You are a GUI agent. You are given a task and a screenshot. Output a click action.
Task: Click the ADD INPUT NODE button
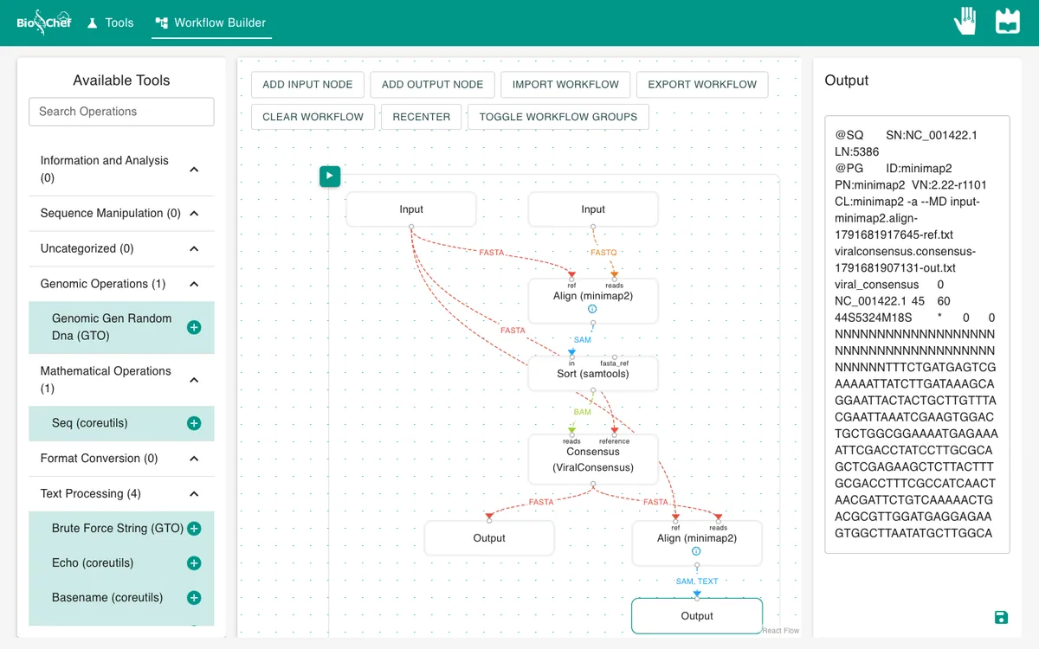(307, 85)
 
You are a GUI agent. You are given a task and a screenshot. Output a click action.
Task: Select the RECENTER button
(421, 117)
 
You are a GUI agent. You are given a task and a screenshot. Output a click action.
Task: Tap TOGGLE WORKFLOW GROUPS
(558, 117)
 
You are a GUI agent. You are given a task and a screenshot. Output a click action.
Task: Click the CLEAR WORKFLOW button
(313, 117)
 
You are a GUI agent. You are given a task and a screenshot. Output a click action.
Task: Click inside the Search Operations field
(121, 112)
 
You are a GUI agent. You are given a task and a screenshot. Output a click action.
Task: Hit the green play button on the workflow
(330, 177)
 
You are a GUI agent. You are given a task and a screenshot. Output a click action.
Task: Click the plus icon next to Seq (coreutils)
(194, 423)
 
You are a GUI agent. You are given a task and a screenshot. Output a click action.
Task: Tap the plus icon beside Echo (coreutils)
(194, 562)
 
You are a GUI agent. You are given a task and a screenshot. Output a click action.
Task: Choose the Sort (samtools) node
(593, 374)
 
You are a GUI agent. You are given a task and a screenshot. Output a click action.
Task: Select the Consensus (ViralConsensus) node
(593, 459)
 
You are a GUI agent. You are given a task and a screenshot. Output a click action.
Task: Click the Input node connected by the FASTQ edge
(593, 209)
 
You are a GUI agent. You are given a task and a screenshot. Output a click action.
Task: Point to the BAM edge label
(582, 412)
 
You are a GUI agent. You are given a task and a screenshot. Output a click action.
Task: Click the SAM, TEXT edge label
(697, 582)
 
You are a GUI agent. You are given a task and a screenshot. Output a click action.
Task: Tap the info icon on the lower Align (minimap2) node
(696, 551)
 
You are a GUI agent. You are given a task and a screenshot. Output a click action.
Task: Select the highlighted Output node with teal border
(697, 615)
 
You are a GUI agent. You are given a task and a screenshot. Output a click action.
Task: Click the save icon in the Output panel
(1001, 618)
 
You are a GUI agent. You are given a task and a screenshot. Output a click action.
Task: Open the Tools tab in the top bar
(111, 22)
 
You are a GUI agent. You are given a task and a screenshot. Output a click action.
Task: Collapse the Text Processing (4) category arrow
(194, 494)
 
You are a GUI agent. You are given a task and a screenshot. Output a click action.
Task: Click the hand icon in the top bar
(965, 21)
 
